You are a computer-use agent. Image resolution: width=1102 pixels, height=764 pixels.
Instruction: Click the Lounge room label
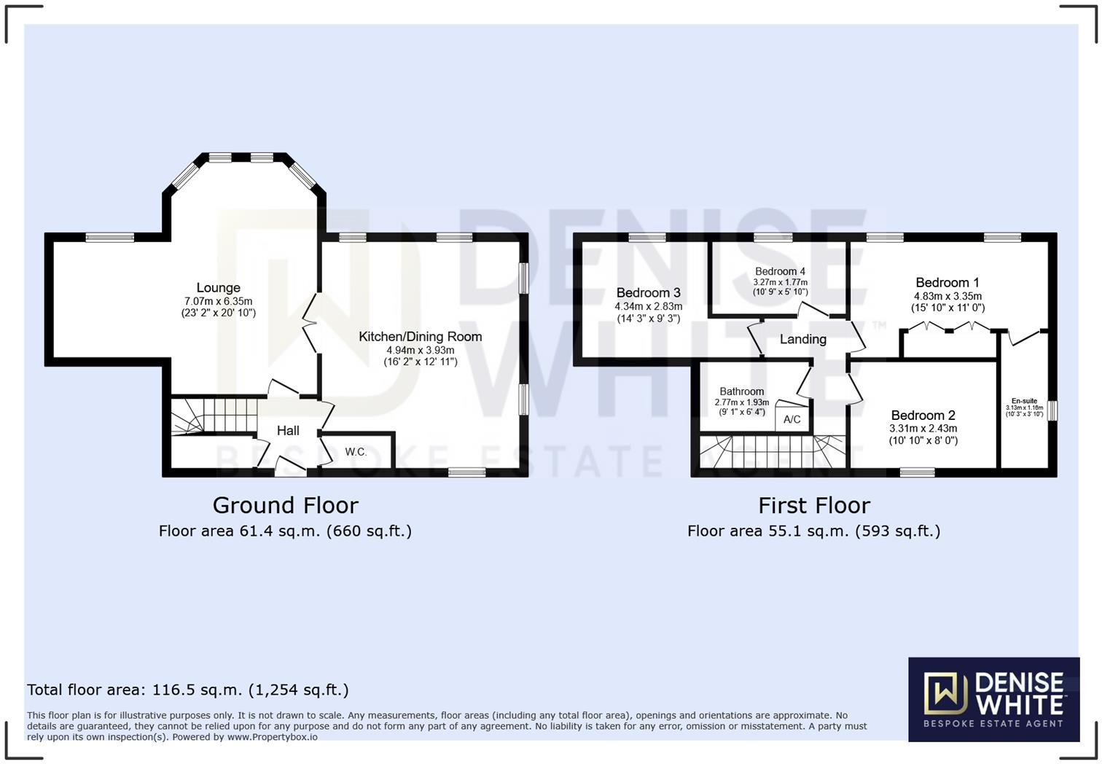point(218,288)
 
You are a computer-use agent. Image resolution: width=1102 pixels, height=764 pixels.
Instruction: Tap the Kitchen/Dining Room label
point(420,337)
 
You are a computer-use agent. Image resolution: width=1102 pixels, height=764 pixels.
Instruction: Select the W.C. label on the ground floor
point(356,452)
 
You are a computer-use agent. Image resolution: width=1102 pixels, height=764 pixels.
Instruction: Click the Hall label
point(288,431)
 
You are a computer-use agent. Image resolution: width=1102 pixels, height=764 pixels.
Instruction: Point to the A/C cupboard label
point(792,419)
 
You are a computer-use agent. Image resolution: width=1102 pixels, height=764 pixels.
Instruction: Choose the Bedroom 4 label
point(780,271)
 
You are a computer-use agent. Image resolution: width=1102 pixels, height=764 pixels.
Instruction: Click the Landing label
point(802,339)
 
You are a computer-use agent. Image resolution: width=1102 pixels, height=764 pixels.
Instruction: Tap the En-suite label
point(1024,401)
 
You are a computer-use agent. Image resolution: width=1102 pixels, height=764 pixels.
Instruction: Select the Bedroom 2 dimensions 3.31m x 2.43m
point(923,429)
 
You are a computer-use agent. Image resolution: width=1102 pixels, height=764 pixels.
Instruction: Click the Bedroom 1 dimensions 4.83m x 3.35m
point(947,297)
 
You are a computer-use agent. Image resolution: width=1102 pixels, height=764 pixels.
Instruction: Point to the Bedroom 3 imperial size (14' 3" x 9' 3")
point(648,319)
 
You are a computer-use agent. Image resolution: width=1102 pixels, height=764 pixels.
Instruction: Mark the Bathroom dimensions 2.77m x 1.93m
point(741,402)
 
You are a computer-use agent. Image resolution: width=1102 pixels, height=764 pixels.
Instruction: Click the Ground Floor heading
point(285,505)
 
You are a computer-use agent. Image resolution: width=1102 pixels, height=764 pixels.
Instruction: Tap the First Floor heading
point(813,505)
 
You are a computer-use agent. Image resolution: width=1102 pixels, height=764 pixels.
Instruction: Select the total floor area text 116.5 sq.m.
point(187,690)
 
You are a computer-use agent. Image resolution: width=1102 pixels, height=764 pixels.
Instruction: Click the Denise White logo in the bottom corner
point(993,699)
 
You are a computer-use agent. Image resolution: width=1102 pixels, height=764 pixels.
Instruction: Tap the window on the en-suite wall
point(1052,410)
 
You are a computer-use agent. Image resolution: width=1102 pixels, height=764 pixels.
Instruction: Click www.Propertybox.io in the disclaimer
point(272,737)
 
